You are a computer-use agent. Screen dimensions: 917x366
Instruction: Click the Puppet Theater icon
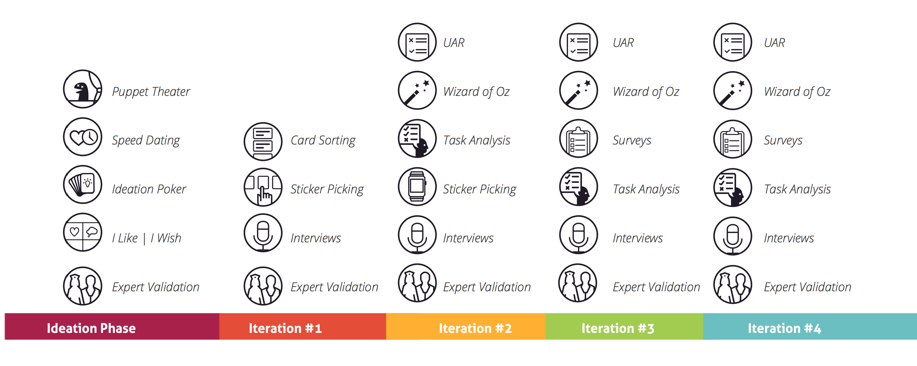(83, 89)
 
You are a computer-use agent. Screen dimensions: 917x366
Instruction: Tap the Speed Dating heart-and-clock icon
(83, 137)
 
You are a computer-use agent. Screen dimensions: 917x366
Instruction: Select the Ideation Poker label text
(149, 189)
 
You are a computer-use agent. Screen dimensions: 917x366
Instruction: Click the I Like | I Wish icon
(83, 232)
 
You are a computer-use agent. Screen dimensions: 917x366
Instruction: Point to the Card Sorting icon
(263, 142)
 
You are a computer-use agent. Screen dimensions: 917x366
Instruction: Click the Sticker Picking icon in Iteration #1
(263, 187)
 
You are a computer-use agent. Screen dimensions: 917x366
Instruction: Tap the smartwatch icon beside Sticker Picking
(417, 186)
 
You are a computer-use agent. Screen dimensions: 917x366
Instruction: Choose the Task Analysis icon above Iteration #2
(417, 138)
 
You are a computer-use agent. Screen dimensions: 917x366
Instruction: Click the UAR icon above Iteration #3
(578, 42)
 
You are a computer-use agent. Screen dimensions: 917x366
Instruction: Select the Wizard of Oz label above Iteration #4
(797, 92)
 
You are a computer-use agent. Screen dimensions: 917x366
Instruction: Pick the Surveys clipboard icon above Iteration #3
(578, 138)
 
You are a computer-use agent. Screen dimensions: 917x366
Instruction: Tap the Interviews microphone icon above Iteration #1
(263, 233)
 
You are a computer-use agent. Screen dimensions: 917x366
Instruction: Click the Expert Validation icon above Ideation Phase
(83, 286)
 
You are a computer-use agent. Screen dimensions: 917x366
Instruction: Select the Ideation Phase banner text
(91, 328)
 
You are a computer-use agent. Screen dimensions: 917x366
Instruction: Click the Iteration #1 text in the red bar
(285, 328)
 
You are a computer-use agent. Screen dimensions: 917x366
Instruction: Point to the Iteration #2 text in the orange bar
(475, 328)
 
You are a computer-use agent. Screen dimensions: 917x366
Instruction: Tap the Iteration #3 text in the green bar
(618, 328)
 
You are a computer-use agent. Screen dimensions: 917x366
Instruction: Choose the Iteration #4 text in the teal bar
(785, 328)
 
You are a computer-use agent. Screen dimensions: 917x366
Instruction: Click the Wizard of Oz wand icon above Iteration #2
(417, 90)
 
